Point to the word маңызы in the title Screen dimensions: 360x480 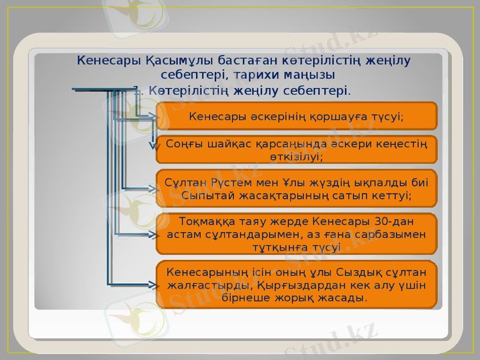[x=310, y=75]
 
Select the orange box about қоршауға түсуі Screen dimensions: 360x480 [x=296, y=115]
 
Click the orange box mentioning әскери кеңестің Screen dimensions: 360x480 [x=296, y=149]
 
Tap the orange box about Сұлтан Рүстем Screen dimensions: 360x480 [x=296, y=188]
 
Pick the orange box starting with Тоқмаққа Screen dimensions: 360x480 [x=296, y=233]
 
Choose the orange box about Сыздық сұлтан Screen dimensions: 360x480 [x=296, y=284]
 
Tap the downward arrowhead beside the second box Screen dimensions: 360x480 [x=154, y=144]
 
